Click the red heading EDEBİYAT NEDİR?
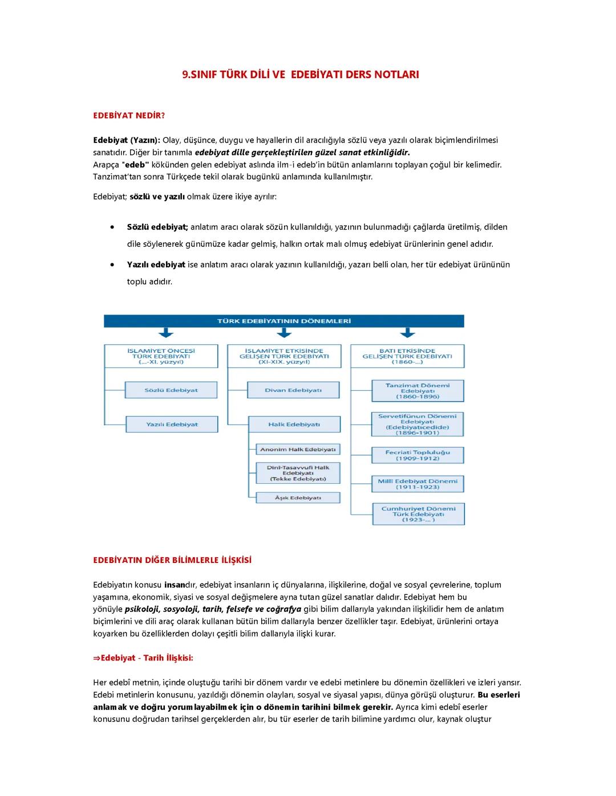[128, 116]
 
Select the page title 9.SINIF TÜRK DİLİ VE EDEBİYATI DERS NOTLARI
[301, 75]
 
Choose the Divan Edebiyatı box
[293, 390]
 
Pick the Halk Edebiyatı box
[294, 424]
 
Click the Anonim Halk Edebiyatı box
[298, 450]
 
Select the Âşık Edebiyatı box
[298, 498]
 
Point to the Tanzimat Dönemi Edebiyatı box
[418, 391]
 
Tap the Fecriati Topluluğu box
[418, 455]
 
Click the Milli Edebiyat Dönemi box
[418, 484]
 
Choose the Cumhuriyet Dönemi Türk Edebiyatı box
[418, 514]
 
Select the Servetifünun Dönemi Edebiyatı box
[418, 424]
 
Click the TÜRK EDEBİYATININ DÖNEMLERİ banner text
[283, 321]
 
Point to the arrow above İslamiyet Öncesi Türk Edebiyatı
[165, 333]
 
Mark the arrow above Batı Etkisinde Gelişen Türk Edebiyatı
[407, 333]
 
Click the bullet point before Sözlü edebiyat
[114, 227]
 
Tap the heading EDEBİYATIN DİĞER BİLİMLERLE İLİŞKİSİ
[172, 560]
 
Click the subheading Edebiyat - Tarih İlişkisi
[143, 658]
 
